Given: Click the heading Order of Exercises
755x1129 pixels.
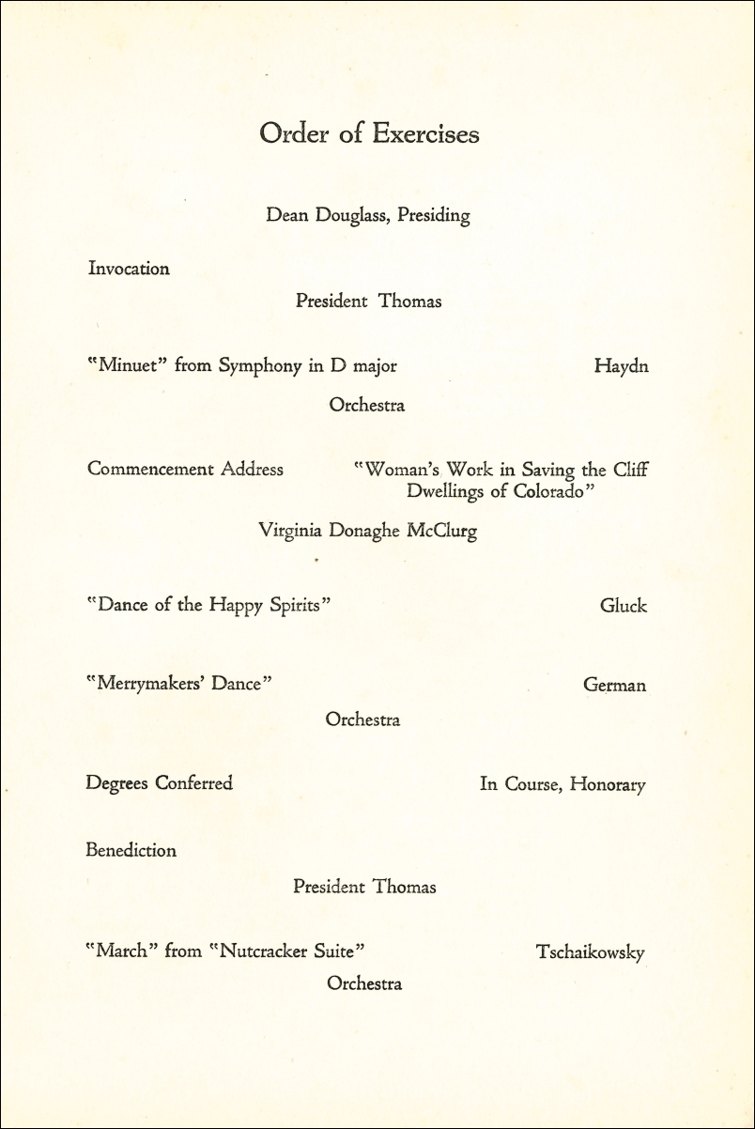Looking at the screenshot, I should click(369, 134).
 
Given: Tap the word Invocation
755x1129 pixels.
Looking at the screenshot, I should click(129, 269).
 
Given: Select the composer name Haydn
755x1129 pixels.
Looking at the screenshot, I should click(621, 366).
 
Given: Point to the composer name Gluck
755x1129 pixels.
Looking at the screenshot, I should click(624, 606).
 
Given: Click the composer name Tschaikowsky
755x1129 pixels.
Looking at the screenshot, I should click(590, 952).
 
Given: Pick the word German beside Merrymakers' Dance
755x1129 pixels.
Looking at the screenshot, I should click(614, 686).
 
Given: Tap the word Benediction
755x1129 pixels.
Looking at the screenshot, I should click(131, 851).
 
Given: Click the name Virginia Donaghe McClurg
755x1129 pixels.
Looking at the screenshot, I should click(367, 532).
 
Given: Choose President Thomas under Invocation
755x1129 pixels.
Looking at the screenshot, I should click(368, 302).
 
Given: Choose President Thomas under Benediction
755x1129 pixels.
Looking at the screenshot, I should click(364, 887).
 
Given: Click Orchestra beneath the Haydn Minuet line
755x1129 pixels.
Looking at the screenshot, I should click(366, 406).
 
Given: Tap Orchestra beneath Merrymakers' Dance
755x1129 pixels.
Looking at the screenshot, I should click(362, 719).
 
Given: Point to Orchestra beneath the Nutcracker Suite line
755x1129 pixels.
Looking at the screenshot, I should click(364, 984).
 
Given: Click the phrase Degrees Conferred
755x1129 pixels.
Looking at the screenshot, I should click(159, 782).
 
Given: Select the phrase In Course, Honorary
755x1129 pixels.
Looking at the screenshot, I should click(562, 783).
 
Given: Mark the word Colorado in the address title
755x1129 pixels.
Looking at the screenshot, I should click(547, 491).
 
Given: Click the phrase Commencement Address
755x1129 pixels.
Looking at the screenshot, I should click(185, 469).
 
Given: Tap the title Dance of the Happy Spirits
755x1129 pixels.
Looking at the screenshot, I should click(208, 606).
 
